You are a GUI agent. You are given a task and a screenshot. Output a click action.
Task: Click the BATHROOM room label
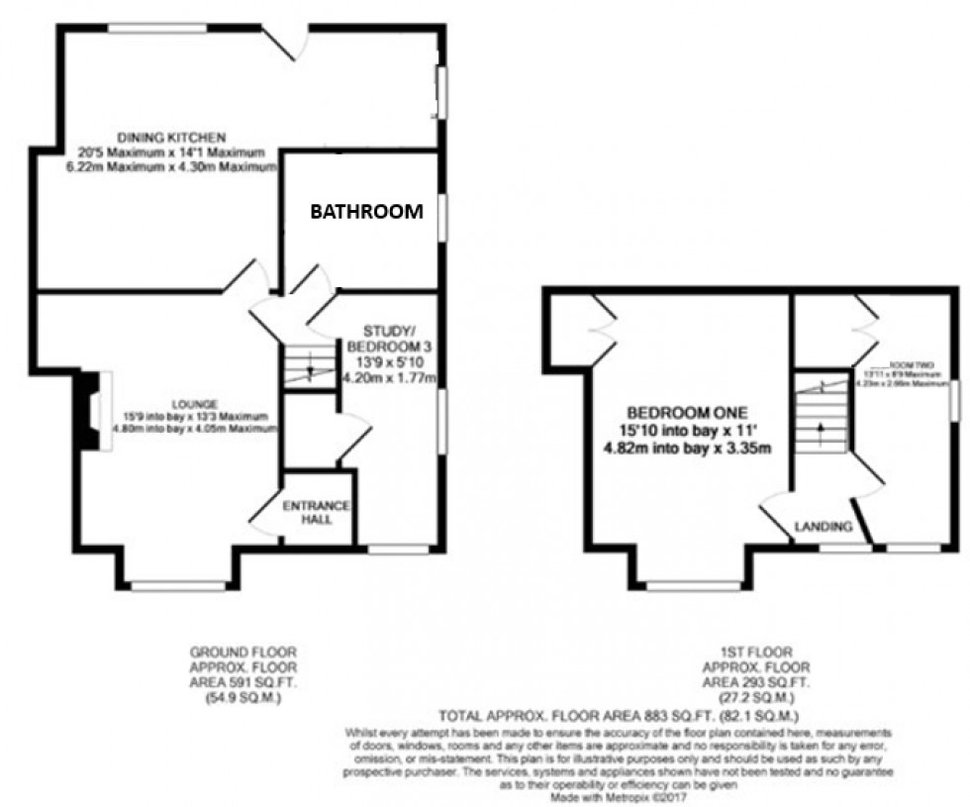[x=367, y=211]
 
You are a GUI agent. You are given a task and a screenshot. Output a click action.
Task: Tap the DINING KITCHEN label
[x=159, y=137]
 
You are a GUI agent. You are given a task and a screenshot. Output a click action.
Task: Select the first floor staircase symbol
[x=821, y=417]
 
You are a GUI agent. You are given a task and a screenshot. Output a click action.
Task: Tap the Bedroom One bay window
[x=693, y=586]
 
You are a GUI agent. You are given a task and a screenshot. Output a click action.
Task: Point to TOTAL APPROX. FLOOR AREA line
[x=619, y=715]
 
